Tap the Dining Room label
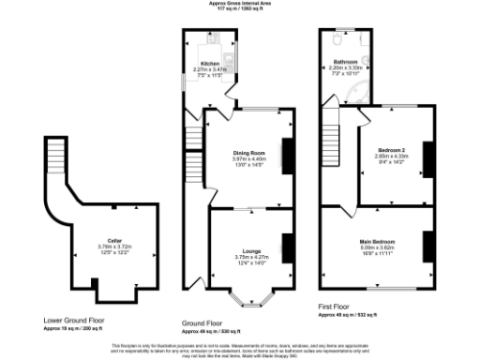pyautogui.click(x=250, y=152)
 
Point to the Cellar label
pyautogui.click(x=114, y=240)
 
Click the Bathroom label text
pyautogui.click(x=346, y=61)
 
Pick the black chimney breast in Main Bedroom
pyautogui.click(x=427, y=246)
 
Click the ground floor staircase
pyautogui.click(x=193, y=141)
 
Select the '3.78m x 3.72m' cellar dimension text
pyautogui.click(x=114, y=247)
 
